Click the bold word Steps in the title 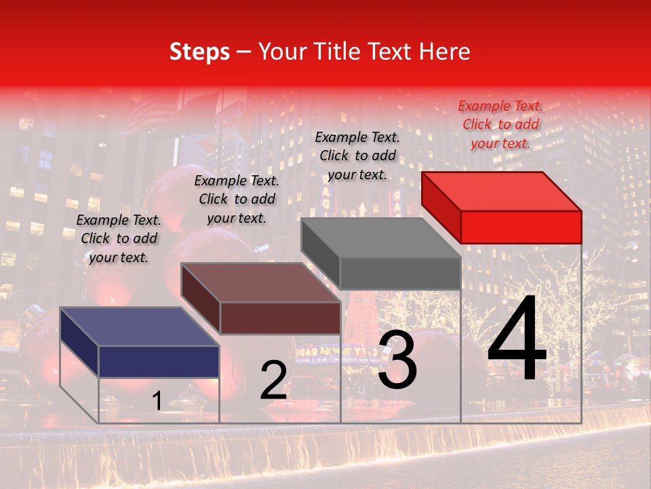pos(199,52)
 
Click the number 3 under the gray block pos(397,360)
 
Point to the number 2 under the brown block pos(273,381)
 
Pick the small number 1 pos(157,401)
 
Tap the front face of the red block pos(521,227)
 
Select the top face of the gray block pos(380,237)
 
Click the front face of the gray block pos(400,273)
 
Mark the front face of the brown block pos(280,318)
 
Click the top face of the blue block pos(140,327)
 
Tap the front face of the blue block pos(159,361)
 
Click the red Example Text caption pos(500,124)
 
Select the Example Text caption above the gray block pos(357,156)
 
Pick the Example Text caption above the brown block pos(237,199)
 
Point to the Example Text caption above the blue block pos(119,238)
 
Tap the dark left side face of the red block pos(441,207)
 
